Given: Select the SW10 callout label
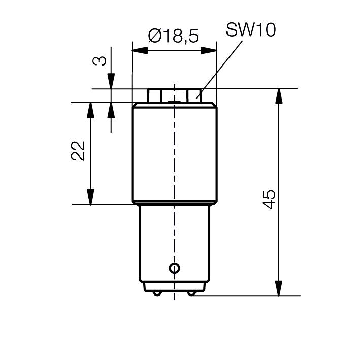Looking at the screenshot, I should tap(250, 30).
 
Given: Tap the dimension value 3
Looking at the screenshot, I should tap(101, 60).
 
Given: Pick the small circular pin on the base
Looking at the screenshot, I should tap(175, 268).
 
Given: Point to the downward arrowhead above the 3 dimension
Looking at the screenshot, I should tap(111, 81).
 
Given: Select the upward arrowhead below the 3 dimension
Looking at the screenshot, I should tap(111, 110).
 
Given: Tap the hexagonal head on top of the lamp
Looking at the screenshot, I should tap(174, 95).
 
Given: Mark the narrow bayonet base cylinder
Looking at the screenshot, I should tap(174, 244).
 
